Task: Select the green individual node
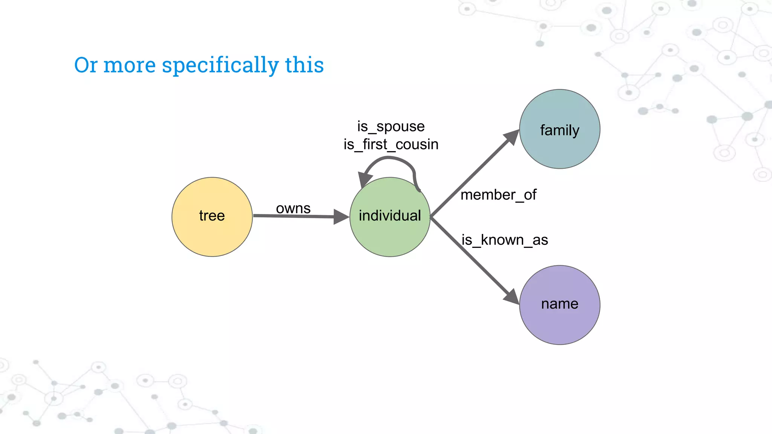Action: pyautogui.click(x=390, y=237)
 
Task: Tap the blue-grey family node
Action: pyautogui.click(x=559, y=109)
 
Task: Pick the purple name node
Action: pyautogui.click(x=559, y=324)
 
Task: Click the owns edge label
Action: pyautogui.click(x=293, y=208)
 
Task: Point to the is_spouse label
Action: pyautogui.click(x=391, y=127)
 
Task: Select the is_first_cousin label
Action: pyautogui.click(x=391, y=145)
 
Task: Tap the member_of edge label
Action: pyautogui.click(x=498, y=195)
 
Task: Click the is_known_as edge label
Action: pyautogui.click(x=504, y=240)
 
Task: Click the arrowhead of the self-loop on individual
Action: pyautogui.click(x=364, y=179)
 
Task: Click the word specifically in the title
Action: pyautogui.click(x=221, y=65)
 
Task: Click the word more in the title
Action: pyautogui.click(x=129, y=65)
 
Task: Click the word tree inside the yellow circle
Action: pyautogui.click(x=212, y=216)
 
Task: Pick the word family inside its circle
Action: pyautogui.click(x=559, y=130)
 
